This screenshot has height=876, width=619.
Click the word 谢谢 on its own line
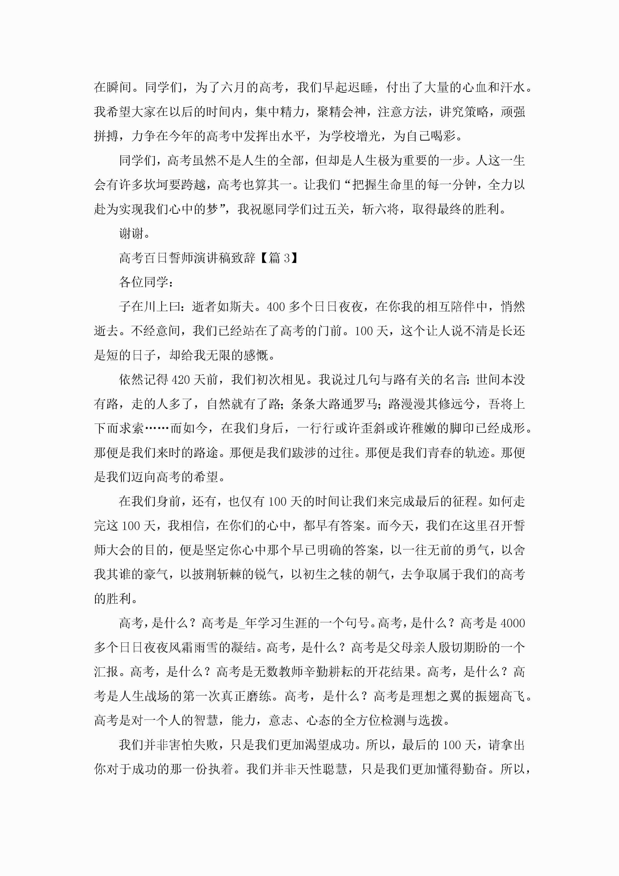click(131, 233)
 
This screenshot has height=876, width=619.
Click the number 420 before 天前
click(181, 380)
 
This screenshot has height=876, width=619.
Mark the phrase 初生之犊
click(329, 575)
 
